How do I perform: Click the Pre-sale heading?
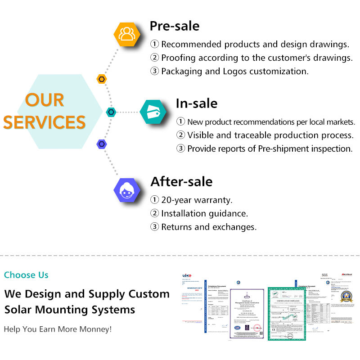174,26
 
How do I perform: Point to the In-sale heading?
196,103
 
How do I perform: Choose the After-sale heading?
181,181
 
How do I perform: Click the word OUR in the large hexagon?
45,100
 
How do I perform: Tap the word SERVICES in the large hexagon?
45,122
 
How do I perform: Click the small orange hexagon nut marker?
102,79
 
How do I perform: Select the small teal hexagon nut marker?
111,112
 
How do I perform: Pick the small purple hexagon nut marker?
102,144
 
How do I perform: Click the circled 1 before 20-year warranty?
154,200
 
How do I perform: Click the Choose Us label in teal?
26,275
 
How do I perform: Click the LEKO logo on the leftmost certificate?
187,275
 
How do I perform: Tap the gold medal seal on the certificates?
346,296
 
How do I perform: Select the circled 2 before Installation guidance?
154,214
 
